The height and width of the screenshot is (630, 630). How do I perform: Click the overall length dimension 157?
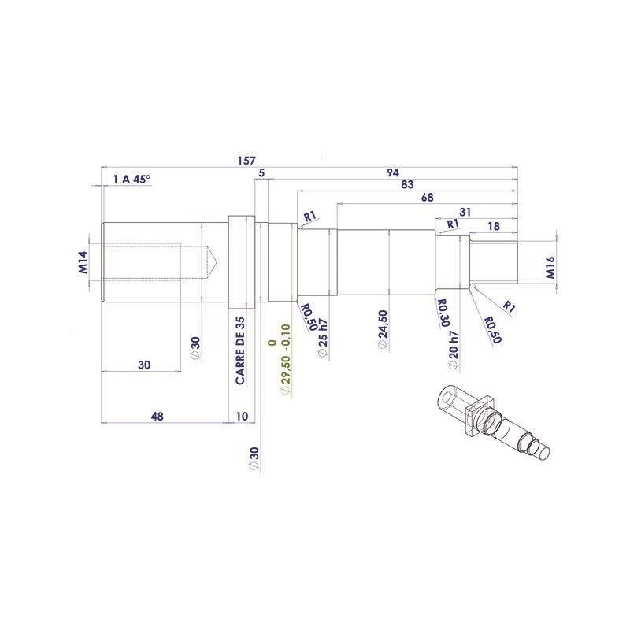246,161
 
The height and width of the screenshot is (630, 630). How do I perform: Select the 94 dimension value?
393,172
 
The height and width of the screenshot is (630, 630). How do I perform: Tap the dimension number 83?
407,185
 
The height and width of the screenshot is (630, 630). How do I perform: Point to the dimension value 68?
427,198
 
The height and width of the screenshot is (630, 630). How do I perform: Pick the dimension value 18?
494,226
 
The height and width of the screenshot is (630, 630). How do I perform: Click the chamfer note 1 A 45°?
132,180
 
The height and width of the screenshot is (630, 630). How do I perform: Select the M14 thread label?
84,261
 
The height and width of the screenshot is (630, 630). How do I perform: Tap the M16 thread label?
550,269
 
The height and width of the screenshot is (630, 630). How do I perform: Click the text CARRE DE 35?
241,351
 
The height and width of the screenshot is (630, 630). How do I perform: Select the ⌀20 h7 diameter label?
453,350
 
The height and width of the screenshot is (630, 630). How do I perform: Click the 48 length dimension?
157,416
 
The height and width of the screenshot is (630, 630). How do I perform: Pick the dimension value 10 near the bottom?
241,416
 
